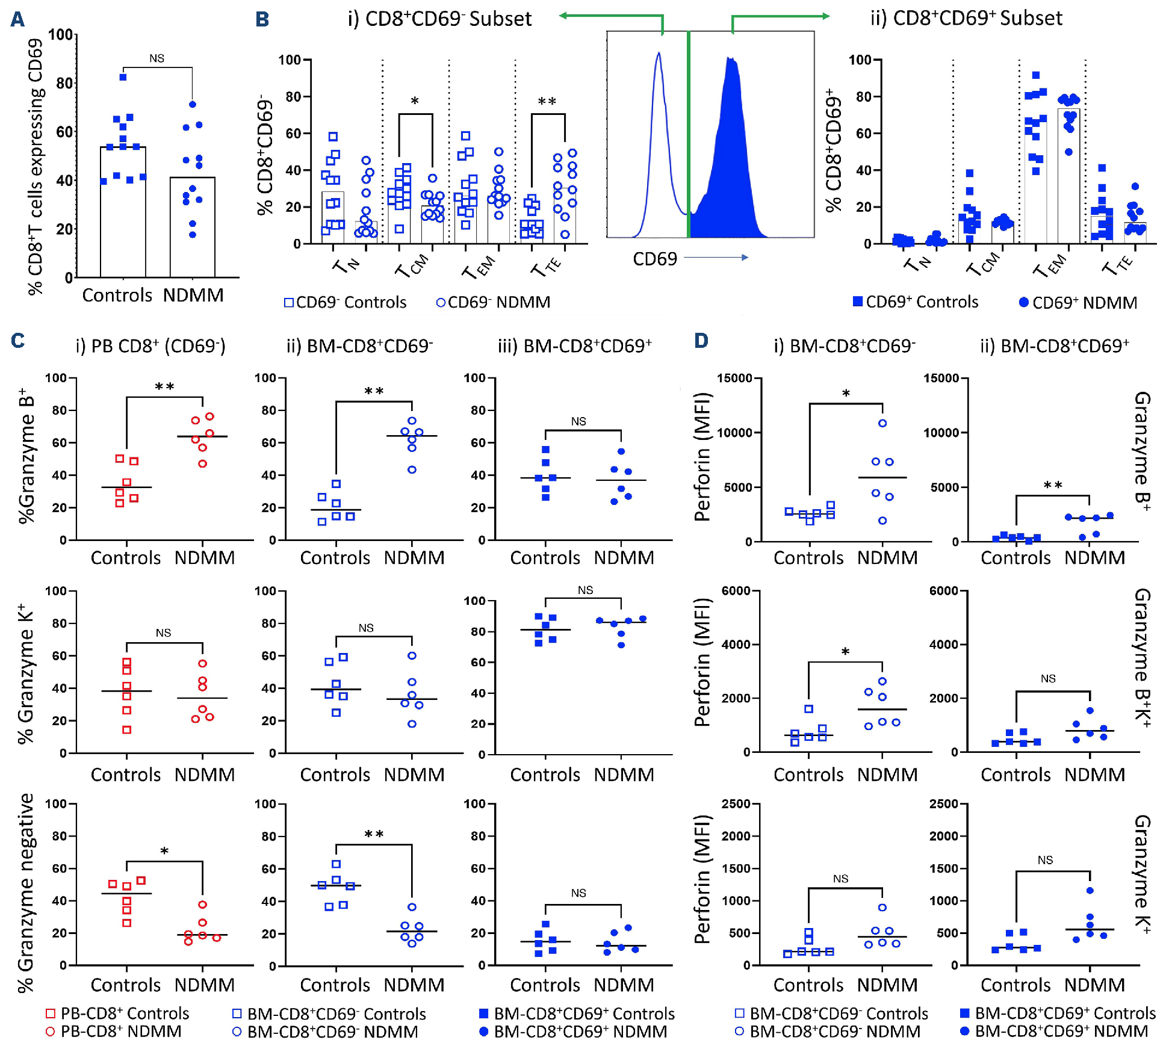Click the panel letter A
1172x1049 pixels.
point(18,19)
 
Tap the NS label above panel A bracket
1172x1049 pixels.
point(157,58)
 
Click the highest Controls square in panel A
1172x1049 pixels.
point(123,77)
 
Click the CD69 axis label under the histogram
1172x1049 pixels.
point(654,259)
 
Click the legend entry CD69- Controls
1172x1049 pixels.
point(346,302)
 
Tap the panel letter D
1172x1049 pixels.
point(701,341)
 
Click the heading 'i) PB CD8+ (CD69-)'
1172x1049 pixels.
point(150,346)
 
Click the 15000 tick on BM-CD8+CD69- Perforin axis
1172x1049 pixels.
point(734,378)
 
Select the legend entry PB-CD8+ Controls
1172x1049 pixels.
point(117,1013)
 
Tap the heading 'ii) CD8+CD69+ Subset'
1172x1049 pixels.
point(966,18)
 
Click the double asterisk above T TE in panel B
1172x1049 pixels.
point(547,101)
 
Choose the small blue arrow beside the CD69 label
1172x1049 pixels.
point(716,258)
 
